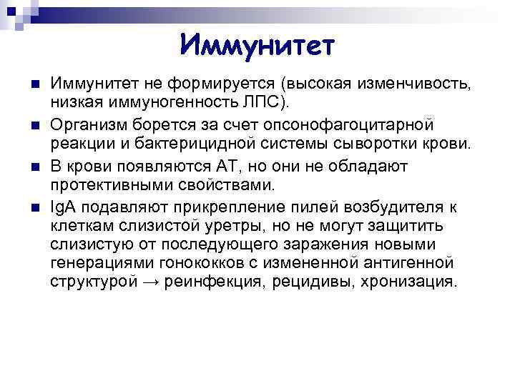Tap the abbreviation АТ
[228, 167]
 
